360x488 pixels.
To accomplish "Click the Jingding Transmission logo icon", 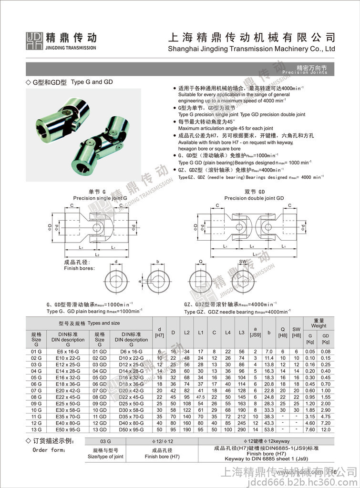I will [x=34, y=41].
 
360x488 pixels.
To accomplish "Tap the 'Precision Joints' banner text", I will [x=305, y=72].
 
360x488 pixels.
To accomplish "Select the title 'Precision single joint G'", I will [x=100, y=198].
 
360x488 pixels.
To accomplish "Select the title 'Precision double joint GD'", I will [x=254, y=198].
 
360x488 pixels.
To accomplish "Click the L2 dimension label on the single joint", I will [x=97, y=255].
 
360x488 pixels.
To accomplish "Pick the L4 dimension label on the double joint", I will [x=251, y=246].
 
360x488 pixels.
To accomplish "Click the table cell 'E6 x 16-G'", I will [x=67, y=351].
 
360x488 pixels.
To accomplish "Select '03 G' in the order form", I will [x=105, y=442].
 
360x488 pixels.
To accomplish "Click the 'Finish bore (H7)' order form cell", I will [x=162, y=453].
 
